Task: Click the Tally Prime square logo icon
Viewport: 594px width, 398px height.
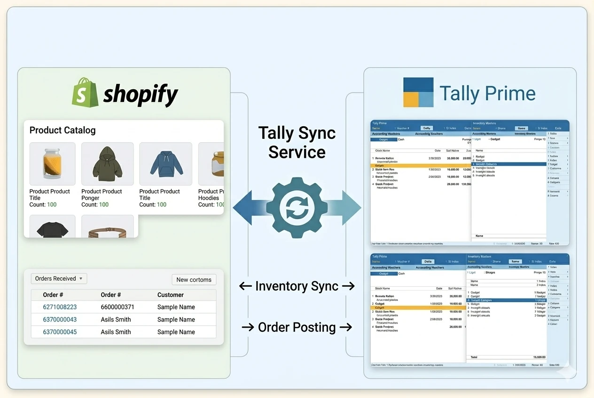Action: click(x=418, y=92)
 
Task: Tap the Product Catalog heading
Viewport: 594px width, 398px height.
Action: click(x=63, y=130)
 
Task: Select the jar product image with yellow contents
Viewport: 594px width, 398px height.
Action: click(x=52, y=164)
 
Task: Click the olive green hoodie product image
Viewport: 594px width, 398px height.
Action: click(x=107, y=164)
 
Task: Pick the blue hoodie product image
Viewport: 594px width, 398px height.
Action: click(x=165, y=164)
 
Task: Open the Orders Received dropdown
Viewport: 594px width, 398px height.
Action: click(x=59, y=278)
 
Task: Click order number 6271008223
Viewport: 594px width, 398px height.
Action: click(x=60, y=307)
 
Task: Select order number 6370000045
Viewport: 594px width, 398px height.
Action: click(x=60, y=332)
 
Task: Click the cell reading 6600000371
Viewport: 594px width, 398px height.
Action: click(x=117, y=307)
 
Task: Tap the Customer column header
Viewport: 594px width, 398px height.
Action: click(x=170, y=295)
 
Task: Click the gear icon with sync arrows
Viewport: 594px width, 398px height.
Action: click(x=297, y=207)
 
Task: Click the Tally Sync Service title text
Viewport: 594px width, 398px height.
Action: click(x=297, y=142)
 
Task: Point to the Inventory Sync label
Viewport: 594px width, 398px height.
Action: click(x=297, y=286)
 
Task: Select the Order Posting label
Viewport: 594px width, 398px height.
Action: click(x=297, y=327)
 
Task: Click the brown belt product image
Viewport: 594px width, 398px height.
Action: click(x=107, y=230)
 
